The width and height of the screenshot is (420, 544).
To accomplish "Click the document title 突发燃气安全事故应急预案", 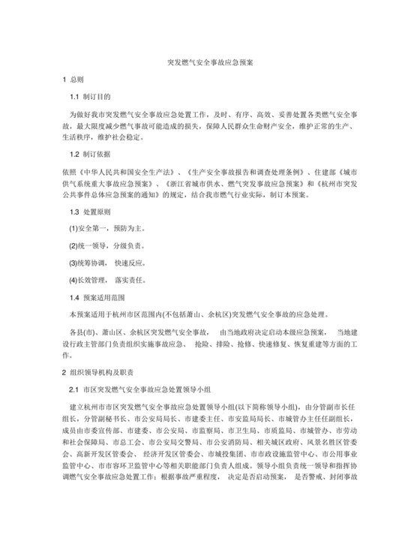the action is (x=209, y=64).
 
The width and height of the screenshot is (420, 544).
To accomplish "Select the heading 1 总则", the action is (x=74, y=80).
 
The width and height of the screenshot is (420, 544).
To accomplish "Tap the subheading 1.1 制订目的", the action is (x=89, y=98).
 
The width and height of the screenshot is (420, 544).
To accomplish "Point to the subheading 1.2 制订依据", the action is (x=89, y=155).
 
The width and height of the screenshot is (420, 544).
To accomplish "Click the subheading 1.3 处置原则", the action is (x=89, y=212).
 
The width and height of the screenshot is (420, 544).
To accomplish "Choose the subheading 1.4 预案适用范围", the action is (x=94, y=297).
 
